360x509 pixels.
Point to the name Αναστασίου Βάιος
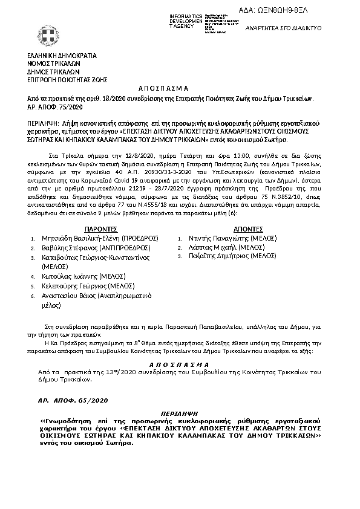69,296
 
